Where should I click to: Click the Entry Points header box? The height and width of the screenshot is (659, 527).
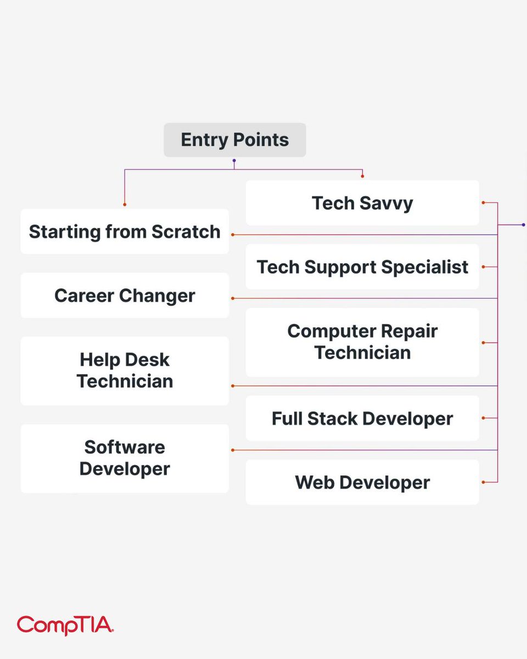click(234, 140)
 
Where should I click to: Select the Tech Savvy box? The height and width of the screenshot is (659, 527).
click(362, 203)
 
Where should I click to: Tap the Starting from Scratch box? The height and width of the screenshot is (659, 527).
click(125, 231)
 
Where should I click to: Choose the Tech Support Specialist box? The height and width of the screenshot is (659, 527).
click(362, 267)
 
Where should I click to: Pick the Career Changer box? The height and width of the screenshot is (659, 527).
click(125, 295)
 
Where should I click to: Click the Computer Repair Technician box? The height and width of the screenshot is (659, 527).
click(362, 342)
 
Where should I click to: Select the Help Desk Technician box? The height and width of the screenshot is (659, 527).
click(125, 371)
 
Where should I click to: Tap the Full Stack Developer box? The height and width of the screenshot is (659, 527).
click(362, 418)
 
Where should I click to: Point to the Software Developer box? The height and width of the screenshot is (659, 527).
click(125, 458)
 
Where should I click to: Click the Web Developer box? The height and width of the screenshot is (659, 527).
click(362, 482)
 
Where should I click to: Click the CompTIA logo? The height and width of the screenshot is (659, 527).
click(65, 625)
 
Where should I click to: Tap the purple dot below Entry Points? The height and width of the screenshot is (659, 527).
click(234, 161)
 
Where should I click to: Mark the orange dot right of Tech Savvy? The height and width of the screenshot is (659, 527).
click(483, 203)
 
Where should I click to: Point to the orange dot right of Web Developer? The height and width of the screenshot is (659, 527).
click(483, 482)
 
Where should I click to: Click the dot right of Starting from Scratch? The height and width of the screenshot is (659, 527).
click(233, 234)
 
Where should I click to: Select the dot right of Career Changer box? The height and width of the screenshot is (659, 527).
click(233, 298)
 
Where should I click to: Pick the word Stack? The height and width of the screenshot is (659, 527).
click(333, 418)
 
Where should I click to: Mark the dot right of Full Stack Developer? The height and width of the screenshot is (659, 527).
click(483, 418)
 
